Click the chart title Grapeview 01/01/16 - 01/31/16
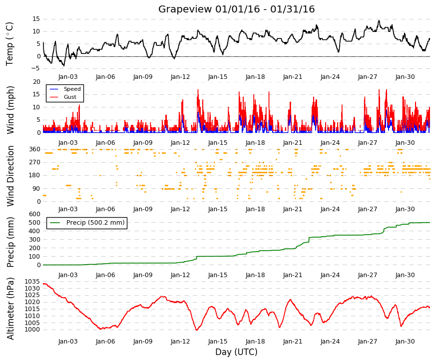coord(236,9)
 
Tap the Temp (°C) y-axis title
coord(9,44)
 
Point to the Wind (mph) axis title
coord(10,110)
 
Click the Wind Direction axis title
coord(10,176)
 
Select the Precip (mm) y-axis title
coord(10,242)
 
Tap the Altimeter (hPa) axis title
coord(10,308)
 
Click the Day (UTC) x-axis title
coord(236,352)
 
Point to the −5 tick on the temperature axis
coord(36,68)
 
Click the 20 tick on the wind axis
coord(36,82)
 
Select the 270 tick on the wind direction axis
coord(35,162)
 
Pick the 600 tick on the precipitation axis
coord(35,214)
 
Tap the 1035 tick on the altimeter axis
coord(32,282)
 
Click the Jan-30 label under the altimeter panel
coord(405,341)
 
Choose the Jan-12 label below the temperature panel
coord(180,77)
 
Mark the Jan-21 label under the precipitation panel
coord(293,275)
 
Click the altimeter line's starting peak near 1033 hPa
coord(44,284)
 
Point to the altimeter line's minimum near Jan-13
coord(197,330)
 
